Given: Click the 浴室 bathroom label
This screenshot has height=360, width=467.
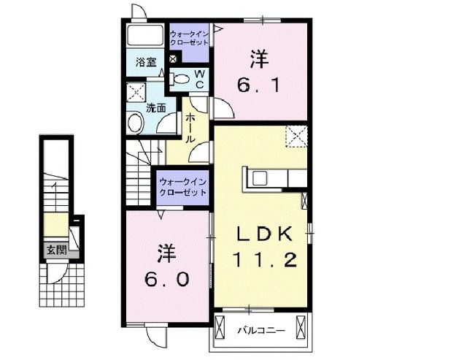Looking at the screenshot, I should [146, 63].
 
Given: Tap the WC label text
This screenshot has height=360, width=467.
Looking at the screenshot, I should [198, 79].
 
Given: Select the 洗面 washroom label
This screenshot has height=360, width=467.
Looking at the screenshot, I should [156, 107].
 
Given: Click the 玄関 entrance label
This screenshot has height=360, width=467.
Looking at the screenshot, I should [56, 250].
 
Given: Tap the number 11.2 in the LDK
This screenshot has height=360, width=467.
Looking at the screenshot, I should [265, 259].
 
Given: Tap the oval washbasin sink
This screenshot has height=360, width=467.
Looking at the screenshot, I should [136, 123].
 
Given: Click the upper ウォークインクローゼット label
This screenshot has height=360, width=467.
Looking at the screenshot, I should [190, 38].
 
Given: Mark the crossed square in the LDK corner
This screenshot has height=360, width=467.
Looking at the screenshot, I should [296, 135].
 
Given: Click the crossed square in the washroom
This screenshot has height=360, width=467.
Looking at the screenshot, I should [136, 92].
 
